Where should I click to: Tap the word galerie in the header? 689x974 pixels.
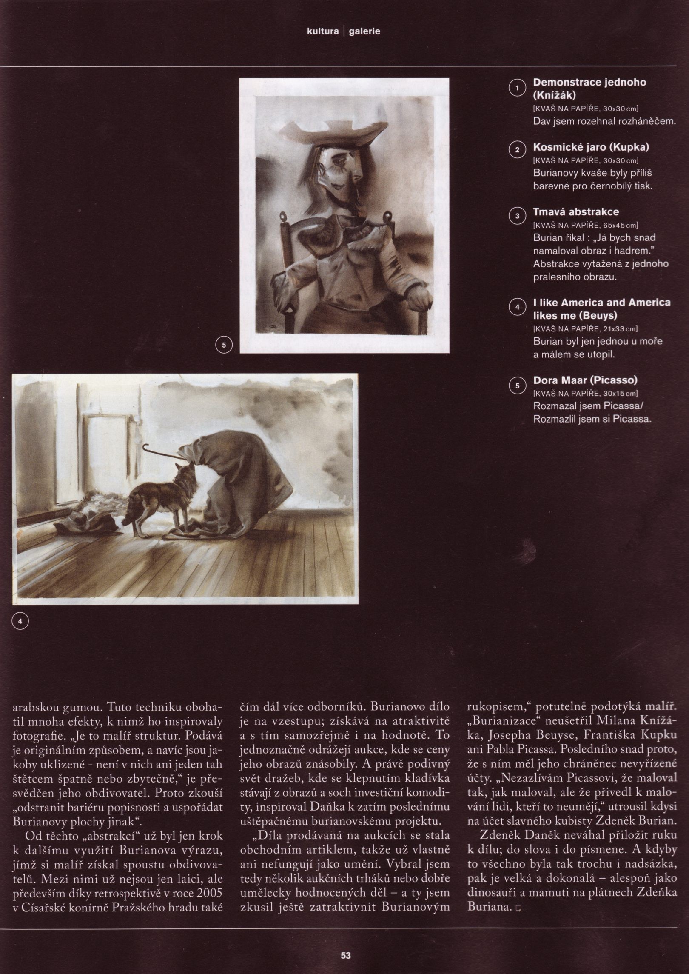(x=364, y=31)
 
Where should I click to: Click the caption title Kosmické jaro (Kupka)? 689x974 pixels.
(x=591, y=147)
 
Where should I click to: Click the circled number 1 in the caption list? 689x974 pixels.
(x=517, y=88)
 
